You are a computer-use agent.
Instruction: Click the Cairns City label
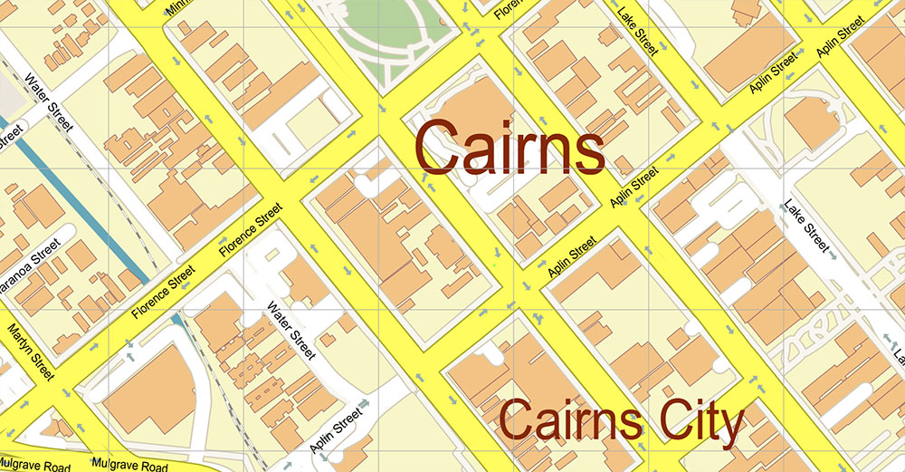tap(623, 421)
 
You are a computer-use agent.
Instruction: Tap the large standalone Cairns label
tap(510, 149)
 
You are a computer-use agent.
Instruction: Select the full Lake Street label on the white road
tap(808, 228)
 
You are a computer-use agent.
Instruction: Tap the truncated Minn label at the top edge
tap(181, 8)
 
